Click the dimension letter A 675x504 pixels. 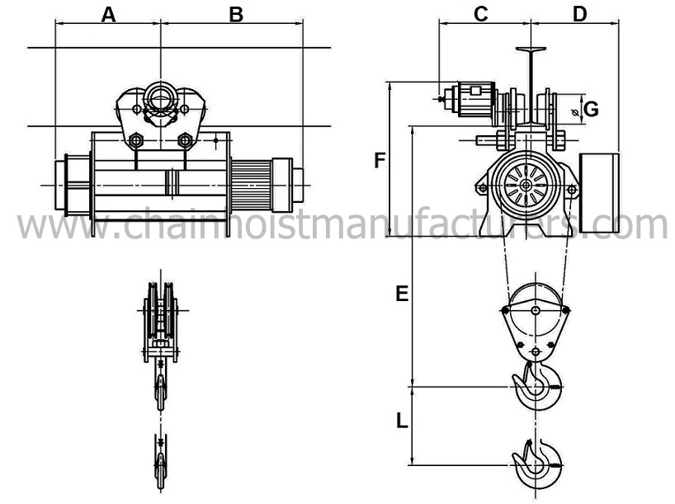[108, 15]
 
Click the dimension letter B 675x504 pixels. [236, 15]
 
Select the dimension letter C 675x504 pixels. [481, 14]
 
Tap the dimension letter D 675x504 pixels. [580, 14]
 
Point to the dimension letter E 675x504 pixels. [402, 294]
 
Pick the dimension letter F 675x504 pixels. [380, 161]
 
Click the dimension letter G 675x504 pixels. [592, 110]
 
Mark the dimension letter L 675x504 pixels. [402, 421]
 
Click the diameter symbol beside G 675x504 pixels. [574, 113]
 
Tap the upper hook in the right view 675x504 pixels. [536, 386]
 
